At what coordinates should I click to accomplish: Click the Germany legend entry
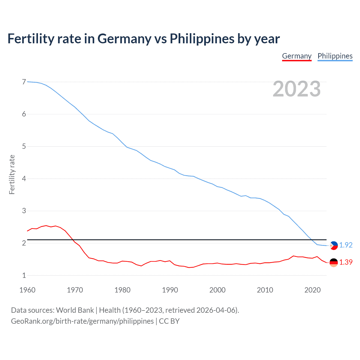[297, 56]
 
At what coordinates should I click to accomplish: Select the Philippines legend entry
[335, 56]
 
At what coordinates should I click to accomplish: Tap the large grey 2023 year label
[296, 89]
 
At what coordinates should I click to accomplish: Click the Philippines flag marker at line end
[334, 246]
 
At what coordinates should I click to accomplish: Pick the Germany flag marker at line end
[334, 262]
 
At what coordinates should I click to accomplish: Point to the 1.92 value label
[346, 245]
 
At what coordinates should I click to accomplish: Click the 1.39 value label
[346, 262]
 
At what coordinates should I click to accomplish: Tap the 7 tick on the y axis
[24, 82]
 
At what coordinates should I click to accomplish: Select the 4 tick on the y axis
[24, 179]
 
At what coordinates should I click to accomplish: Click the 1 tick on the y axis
[24, 275]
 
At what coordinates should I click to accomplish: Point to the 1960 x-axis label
[27, 290]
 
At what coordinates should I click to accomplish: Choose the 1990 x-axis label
[170, 290]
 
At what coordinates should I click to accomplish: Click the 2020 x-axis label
[312, 290]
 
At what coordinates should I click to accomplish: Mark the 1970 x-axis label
[75, 290]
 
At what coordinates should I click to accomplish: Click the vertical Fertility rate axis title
[12, 174]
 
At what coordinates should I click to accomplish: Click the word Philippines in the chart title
[202, 39]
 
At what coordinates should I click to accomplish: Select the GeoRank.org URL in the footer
[82, 321]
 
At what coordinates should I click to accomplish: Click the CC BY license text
[169, 321]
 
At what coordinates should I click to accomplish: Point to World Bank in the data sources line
[75, 310]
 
